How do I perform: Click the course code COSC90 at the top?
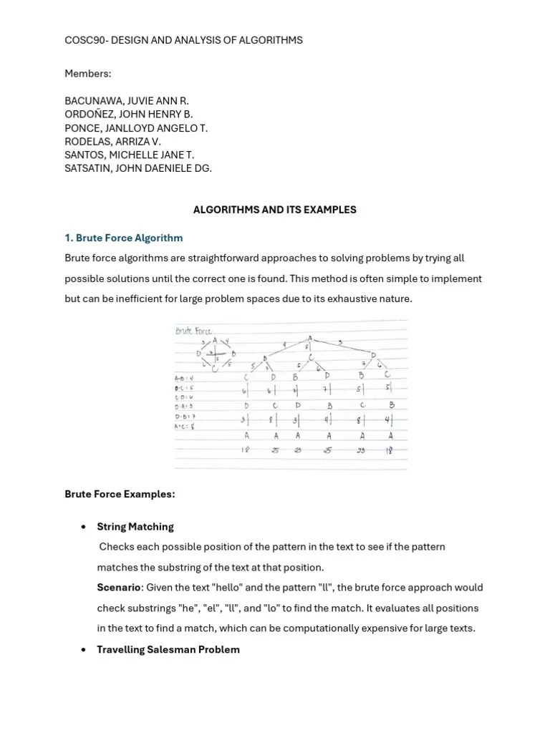pyautogui.click(x=85, y=40)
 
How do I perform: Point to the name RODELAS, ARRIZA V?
pyautogui.click(x=112, y=142)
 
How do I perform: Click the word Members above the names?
pyautogui.click(x=87, y=74)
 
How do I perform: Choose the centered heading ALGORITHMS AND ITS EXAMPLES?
pyautogui.click(x=275, y=210)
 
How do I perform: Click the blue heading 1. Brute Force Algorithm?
pyautogui.click(x=123, y=238)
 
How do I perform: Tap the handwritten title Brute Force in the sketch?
pyautogui.click(x=194, y=331)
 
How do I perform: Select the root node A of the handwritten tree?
pyautogui.click(x=310, y=338)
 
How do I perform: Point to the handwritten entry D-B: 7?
pyautogui.click(x=185, y=416)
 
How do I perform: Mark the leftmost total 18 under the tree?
pyautogui.click(x=246, y=450)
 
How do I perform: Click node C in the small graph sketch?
pyautogui.click(x=214, y=369)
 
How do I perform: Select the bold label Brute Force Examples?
pyautogui.click(x=120, y=494)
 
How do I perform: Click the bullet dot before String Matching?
pyautogui.click(x=84, y=527)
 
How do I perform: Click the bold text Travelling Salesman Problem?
pyautogui.click(x=168, y=649)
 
